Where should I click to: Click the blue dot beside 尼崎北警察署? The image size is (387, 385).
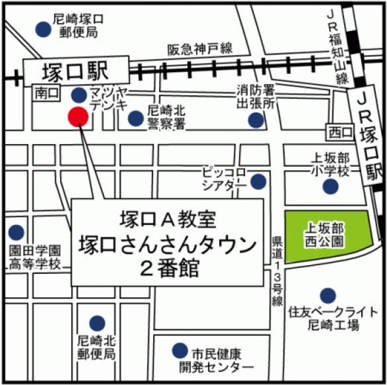coord(135,118)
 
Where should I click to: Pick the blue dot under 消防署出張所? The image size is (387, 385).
coord(255,120)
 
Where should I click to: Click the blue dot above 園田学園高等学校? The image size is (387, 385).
coord(14,232)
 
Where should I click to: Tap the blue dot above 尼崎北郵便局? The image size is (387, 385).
coord(97,322)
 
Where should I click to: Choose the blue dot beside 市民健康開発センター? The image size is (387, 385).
coord(178,350)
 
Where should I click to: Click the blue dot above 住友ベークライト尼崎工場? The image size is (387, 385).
coord(327,295)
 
